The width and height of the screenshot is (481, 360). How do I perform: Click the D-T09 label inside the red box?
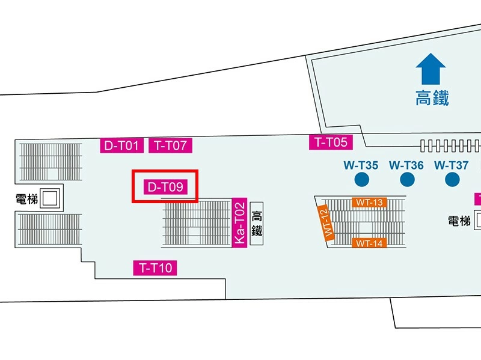tap(166, 187)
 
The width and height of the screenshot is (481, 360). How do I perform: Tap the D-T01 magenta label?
tap(122, 145)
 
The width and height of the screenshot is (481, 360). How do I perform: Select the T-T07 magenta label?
tap(171, 145)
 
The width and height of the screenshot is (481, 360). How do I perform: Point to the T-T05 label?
tap(331, 142)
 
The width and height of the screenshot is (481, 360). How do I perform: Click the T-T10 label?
tap(155, 268)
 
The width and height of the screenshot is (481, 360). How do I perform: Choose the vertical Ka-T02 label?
tap(239, 222)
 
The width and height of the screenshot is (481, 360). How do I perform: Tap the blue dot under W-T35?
tap(362, 180)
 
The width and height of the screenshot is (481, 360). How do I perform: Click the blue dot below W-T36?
tap(408, 180)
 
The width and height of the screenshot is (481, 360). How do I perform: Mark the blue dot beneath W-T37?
tap(452, 180)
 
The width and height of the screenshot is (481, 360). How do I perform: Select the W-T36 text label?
tap(406, 166)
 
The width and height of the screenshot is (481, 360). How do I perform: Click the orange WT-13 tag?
tap(369, 203)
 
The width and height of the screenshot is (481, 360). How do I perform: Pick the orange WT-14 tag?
tap(369, 243)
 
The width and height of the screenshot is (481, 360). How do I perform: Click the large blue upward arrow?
tap(430, 69)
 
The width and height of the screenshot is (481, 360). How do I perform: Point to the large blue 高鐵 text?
tap(432, 98)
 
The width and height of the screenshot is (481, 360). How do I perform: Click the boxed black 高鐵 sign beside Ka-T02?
tap(257, 224)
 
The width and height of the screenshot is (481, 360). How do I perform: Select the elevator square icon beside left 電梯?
tap(50, 199)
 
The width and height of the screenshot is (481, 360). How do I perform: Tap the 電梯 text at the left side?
tap(27, 200)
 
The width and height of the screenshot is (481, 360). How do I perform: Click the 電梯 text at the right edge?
tap(459, 221)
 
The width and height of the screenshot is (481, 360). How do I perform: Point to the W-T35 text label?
tap(361, 166)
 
